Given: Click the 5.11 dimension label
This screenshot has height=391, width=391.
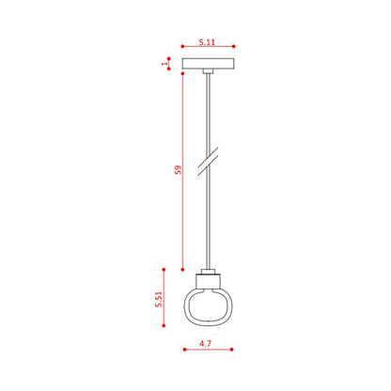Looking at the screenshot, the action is click(207, 42).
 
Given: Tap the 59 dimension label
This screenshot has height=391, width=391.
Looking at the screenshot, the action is click(178, 170).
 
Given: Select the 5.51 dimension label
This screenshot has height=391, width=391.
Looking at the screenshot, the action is click(159, 299).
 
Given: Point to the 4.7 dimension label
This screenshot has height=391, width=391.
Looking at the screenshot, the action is click(206, 343).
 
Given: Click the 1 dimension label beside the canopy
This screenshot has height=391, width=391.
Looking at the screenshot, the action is click(164, 64).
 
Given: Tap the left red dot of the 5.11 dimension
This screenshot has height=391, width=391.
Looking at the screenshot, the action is click(182, 46).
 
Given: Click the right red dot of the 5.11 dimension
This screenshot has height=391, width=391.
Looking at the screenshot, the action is click(234, 46).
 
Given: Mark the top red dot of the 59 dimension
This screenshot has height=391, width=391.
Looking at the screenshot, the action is click(182, 73).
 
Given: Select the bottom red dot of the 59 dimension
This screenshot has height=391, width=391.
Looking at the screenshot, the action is click(182, 270).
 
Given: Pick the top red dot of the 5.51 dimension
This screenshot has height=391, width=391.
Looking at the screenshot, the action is click(164, 270).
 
